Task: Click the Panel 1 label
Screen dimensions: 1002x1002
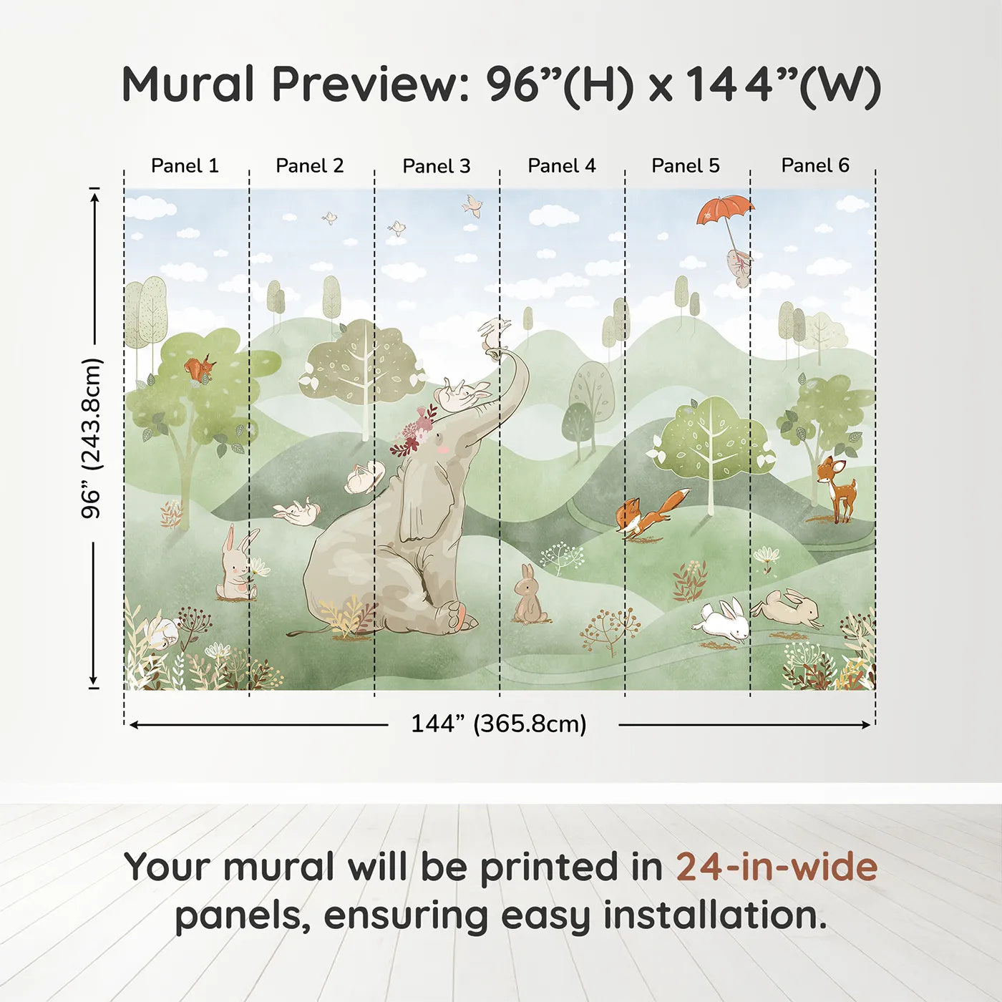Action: coord(185,166)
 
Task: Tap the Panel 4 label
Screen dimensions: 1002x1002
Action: coord(562,166)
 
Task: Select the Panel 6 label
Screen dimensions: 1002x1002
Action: coord(814,165)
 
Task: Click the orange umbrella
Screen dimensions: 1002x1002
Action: coord(725,210)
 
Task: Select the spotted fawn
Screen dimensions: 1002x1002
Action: coord(835,488)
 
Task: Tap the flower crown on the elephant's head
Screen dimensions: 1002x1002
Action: coord(416,429)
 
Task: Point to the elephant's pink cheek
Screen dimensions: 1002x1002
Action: coord(442,448)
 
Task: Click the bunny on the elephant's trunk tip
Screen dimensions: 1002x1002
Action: coord(493,334)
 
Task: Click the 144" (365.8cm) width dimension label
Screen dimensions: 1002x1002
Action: coord(499,724)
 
